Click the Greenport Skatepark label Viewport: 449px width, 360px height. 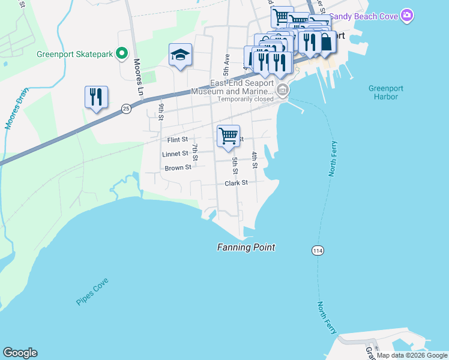pos(74,54)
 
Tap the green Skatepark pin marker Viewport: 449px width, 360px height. pos(122,54)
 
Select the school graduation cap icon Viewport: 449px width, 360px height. pos(180,56)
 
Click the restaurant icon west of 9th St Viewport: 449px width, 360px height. pos(96,97)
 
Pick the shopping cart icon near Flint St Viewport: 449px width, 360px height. pos(228,136)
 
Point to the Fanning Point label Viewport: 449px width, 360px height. pos(246,247)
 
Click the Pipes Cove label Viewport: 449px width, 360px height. pos(92,292)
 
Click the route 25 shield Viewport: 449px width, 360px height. pos(125,109)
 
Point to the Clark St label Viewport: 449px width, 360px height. pos(237,183)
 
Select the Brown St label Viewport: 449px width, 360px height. pos(178,168)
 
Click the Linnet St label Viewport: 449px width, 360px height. pos(176,154)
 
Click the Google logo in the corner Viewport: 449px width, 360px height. pos(20,353)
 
